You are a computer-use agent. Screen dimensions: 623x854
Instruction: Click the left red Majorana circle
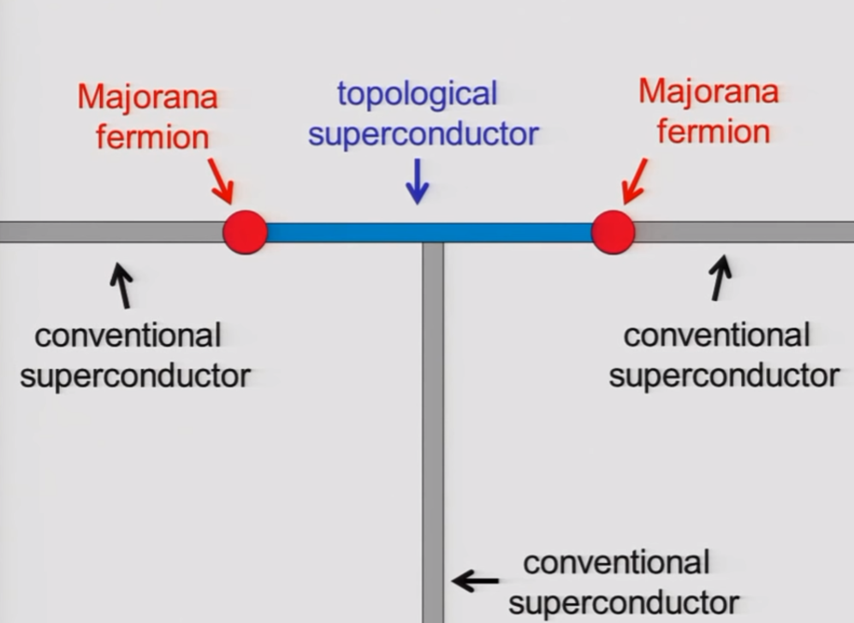(x=246, y=232)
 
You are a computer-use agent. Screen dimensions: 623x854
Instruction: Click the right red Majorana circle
(x=613, y=232)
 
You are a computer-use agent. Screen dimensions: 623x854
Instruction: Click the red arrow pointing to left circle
(x=220, y=181)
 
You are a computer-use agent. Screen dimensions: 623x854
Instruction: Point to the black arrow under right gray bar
(x=721, y=279)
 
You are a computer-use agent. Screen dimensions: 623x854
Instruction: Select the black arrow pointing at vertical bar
(x=475, y=581)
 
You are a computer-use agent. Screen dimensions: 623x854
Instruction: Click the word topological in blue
(x=417, y=94)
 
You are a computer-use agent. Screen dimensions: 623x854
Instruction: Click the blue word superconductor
(x=423, y=133)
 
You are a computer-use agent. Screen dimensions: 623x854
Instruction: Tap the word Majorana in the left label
(x=147, y=98)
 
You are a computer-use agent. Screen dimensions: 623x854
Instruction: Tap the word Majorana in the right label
(x=709, y=92)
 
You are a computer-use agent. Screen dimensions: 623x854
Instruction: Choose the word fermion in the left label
(x=152, y=137)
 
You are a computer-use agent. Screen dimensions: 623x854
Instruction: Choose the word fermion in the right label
(x=715, y=131)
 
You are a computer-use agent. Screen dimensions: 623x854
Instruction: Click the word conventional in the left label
(x=128, y=335)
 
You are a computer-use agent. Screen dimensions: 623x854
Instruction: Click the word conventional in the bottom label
(x=616, y=562)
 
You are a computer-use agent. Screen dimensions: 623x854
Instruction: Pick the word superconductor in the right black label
(x=724, y=375)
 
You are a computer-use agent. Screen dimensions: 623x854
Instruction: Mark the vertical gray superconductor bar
(x=433, y=428)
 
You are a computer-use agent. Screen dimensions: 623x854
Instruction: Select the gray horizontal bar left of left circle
(x=111, y=232)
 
